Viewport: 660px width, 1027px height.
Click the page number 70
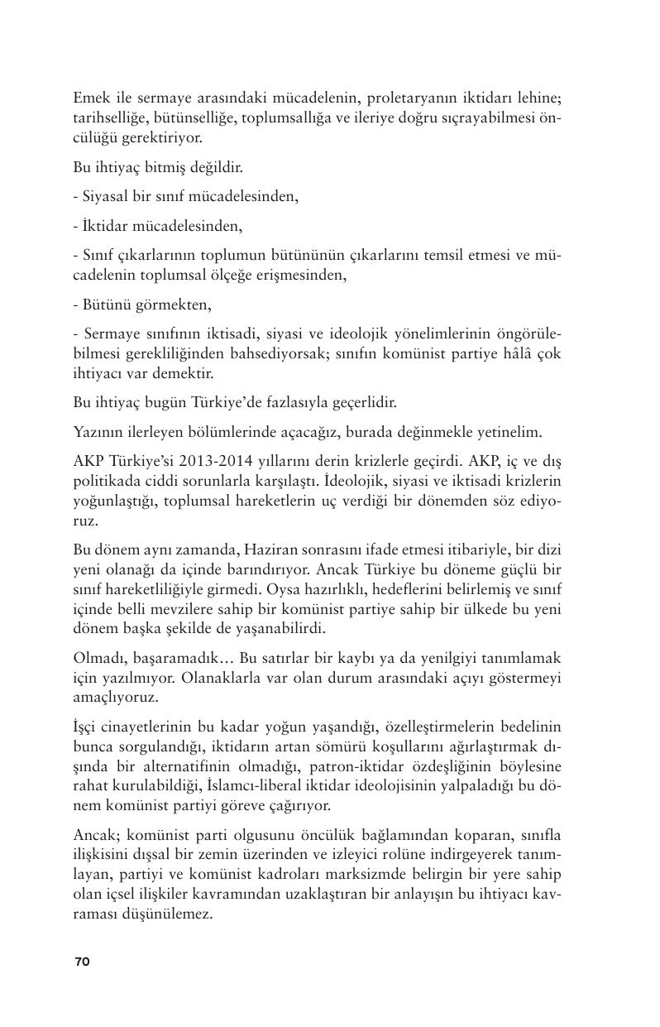pyautogui.click(x=82, y=961)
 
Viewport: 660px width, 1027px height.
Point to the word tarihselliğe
pyautogui.click(x=108, y=118)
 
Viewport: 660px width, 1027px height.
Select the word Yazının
pyautogui.click(x=96, y=431)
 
